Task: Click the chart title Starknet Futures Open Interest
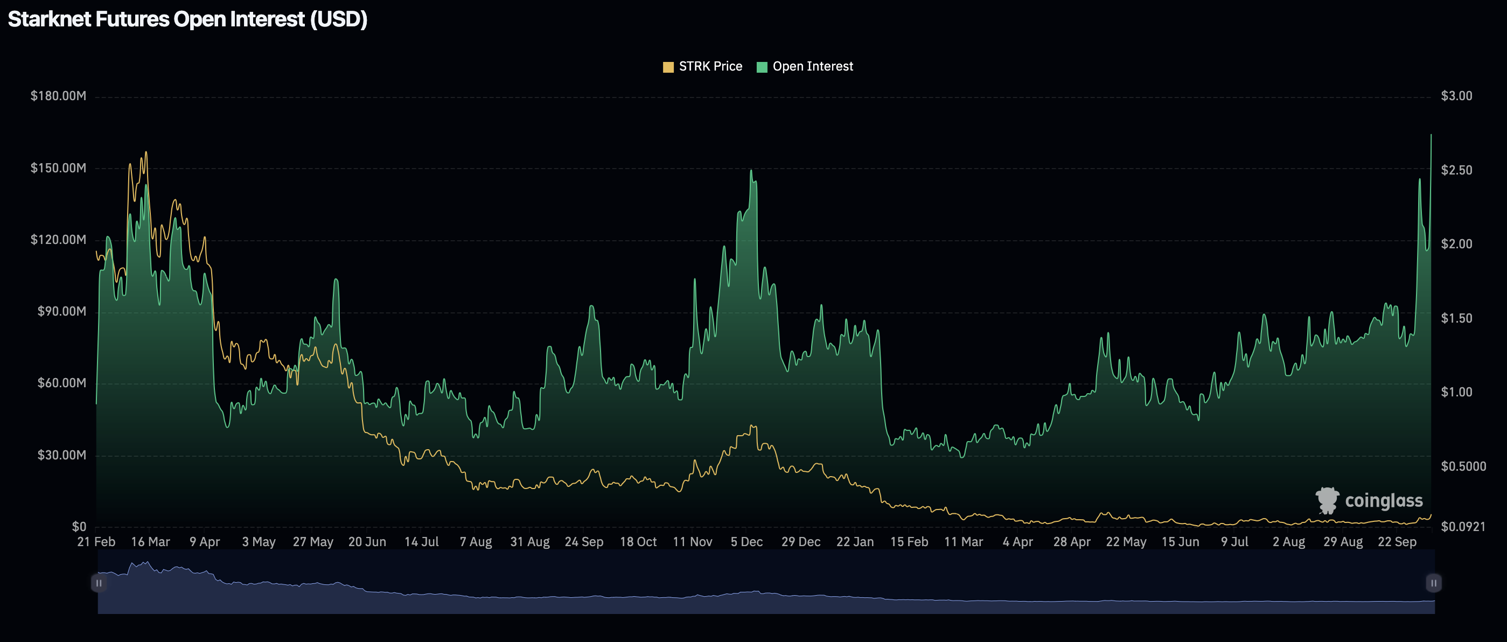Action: coord(187,19)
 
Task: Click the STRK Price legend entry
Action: coord(703,67)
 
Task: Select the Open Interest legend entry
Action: coord(805,67)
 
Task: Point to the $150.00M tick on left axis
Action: coord(58,168)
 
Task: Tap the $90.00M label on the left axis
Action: coord(61,311)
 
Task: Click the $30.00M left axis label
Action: coord(61,455)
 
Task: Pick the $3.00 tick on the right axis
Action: coord(1456,96)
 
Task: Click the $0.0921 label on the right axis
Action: coord(1462,527)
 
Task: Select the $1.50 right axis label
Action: coord(1456,318)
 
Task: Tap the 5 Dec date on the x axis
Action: coord(746,542)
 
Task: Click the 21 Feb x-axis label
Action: coord(96,542)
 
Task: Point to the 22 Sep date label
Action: coord(1397,542)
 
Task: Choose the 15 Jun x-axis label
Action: coord(1180,542)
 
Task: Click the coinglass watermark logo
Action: coord(1369,500)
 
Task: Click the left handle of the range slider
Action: coord(99,583)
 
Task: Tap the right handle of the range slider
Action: coord(1433,583)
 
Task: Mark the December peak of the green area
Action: coord(751,171)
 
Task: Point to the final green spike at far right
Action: coord(1431,135)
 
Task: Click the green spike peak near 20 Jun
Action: coord(336,279)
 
